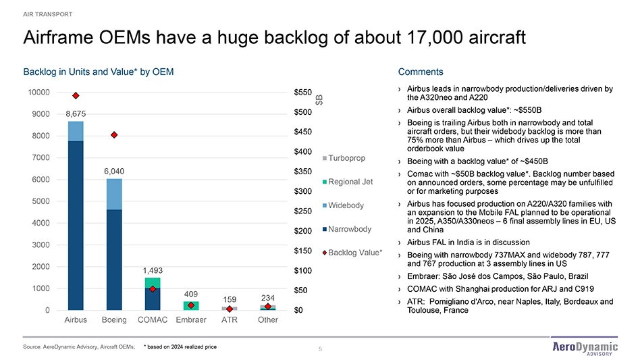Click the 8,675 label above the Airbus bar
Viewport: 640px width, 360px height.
pyautogui.click(x=76, y=114)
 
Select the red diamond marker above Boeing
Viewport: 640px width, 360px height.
pyautogui.click(x=114, y=135)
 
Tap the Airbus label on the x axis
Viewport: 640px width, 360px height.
pyautogui.click(x=76, y=319)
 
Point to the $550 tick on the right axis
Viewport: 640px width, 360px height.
pyautogui.click(x=304, y=92)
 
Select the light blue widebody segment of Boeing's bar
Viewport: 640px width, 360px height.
pyautogui.click(x=114, y=194)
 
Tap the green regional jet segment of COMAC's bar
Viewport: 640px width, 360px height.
pyautogui.click(x=153, y=282)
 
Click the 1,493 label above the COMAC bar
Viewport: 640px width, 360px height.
pyautogui.click(x=153, y=271)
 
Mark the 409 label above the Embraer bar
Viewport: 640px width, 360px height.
pyautogui.click(x=191, y=294)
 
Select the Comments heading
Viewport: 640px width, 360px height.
pyautogui.click(x=421, y=72)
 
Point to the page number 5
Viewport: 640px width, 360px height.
pyautogui.click(x=320, y=349)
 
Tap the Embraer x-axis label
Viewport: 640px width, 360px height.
pyautogui.click(x=191, y=319)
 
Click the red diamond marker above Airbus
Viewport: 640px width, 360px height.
pyautogui.click(x=76, y=96)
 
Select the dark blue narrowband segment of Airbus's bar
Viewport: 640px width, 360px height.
pyautogui.click(x=76, y=223)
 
